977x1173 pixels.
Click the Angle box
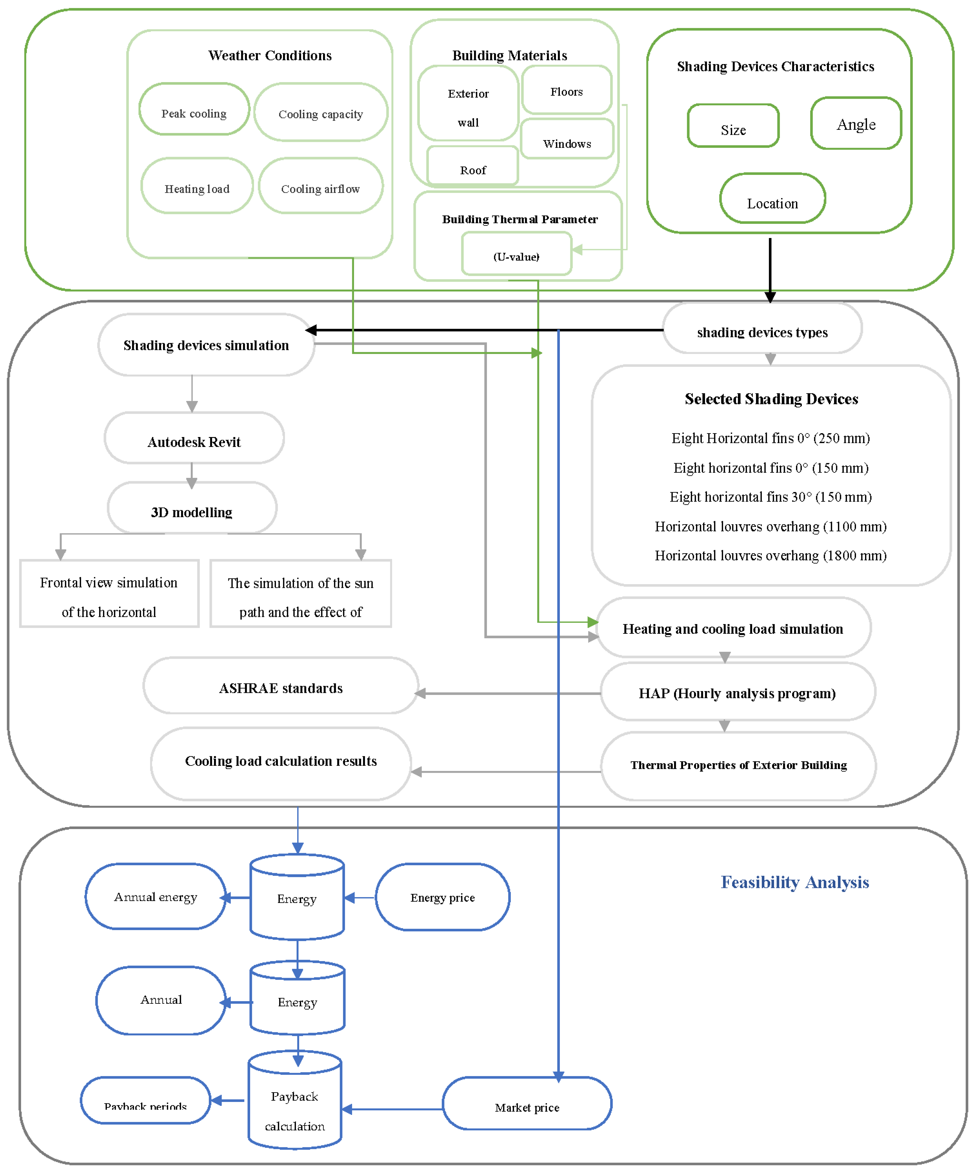pos(856,124)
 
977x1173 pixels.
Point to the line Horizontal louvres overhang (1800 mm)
pos(770,555)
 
